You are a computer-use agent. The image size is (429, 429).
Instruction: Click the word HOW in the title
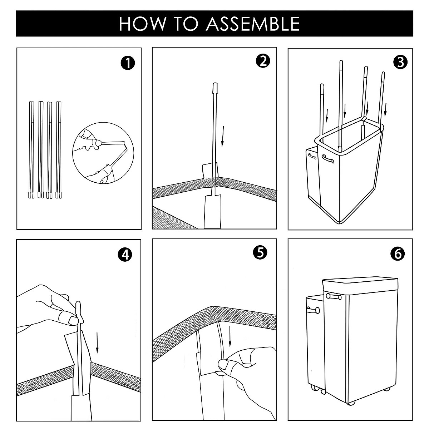138,24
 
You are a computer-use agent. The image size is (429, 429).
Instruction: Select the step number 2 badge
263,61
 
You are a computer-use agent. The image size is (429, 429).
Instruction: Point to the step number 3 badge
399,62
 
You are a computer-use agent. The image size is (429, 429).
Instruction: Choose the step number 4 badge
125,255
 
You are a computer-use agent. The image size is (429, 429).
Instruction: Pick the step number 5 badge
260,253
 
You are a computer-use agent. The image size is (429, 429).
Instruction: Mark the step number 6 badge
398,253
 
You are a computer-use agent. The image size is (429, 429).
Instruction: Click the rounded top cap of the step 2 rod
215,88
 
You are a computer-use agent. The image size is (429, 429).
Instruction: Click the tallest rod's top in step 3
341,65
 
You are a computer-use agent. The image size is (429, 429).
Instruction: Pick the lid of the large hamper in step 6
360,285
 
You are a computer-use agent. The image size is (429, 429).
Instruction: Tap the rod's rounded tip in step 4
79,307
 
